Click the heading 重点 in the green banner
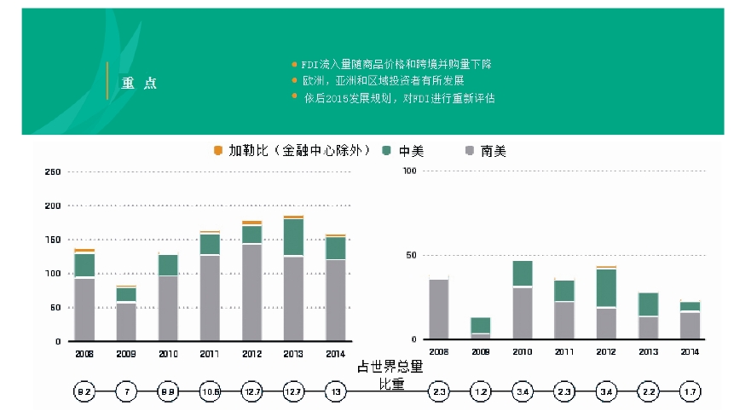point(138,83)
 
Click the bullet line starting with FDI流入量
point(395,64)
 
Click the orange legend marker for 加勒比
point(217,151)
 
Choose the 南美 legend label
point(493,151)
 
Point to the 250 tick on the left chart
point(52,172)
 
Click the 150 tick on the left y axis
point(52,240)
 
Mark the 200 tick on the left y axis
point(52,206)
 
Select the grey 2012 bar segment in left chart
point(251,292)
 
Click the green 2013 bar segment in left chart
point(293,237)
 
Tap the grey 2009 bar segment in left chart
point(126,321)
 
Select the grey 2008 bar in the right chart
point(438,309)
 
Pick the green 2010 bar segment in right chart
point(523,273)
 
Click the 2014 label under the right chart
point(689,351)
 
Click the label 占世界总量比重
point(392,374)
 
